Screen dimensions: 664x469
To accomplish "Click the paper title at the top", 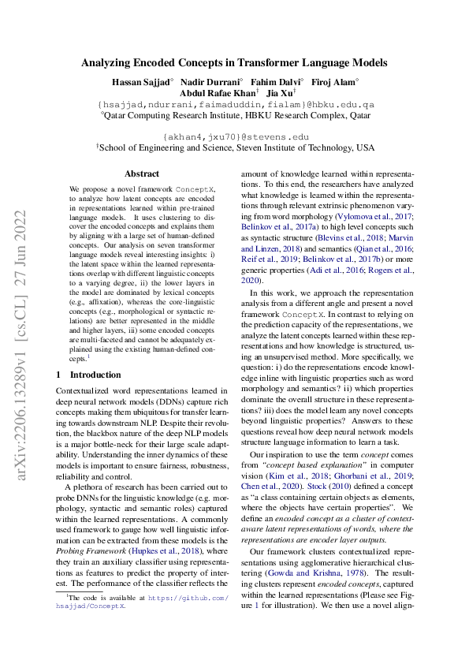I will tap(234, 62).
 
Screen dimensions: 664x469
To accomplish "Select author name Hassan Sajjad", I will tap(140, 81).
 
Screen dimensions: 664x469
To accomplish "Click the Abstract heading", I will tap(141, 173).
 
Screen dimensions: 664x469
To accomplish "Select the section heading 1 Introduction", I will tap(89, 375).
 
